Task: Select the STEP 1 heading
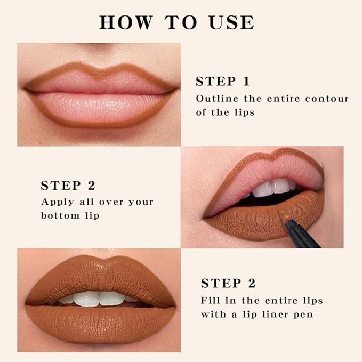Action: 222,82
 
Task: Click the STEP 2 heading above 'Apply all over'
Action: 68,186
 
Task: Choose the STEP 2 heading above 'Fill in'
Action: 228,283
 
